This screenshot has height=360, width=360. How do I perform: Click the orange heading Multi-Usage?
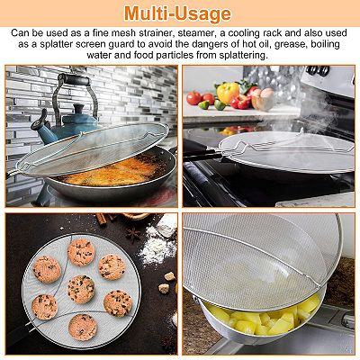pos(178,13)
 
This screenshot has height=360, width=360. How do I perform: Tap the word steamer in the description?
pos(195,32)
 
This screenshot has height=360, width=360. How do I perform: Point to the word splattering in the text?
pos(237,56)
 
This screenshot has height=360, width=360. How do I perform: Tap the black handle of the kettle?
pos(74,80)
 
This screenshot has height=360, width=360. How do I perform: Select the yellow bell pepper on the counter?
pos(229,93)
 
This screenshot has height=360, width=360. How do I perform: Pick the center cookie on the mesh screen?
pos(81,289)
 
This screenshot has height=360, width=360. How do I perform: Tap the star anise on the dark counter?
pos(133,235)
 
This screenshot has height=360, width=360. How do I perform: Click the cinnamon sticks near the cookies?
pos(105,219)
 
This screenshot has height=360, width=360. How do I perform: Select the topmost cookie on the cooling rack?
pos(81,252)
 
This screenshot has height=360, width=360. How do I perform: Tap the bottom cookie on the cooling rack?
pos(83,328)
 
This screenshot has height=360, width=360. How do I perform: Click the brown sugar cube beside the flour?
pos(170,276)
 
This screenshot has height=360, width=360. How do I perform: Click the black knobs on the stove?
pos(318,71)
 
